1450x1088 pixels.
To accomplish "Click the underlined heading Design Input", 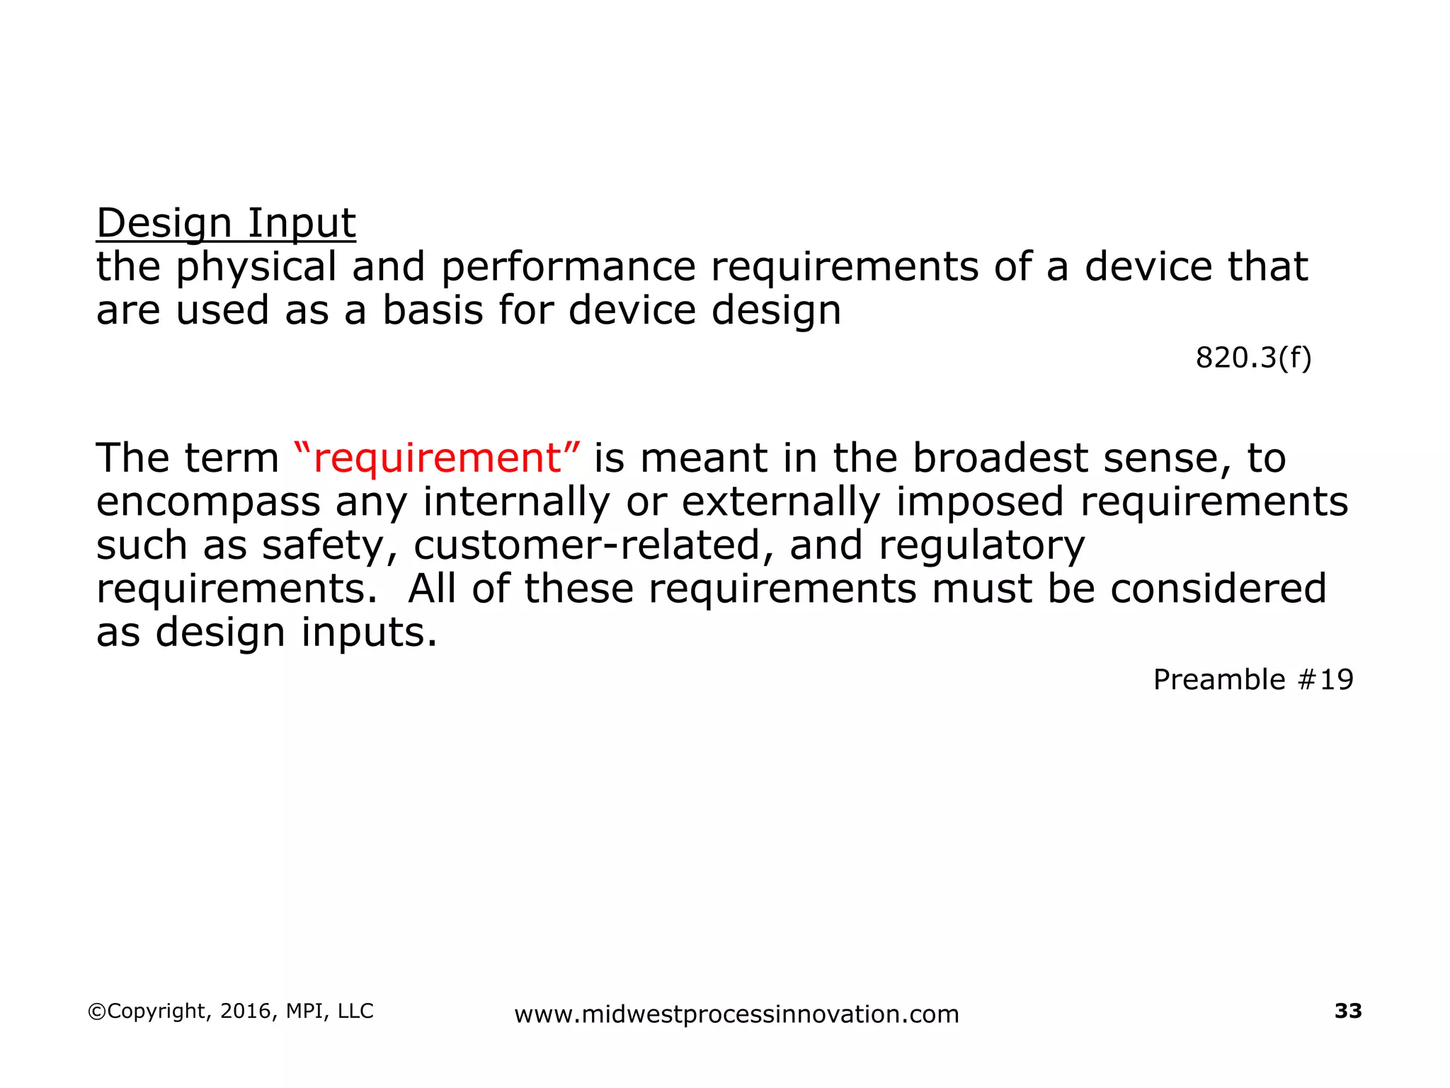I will click(x=226, y=224).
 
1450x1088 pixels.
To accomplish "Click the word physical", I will click(x=256, y=268).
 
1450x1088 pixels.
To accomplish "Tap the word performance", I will click(x=569, y=268).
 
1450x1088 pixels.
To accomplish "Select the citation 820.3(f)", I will click(x=1253, y=358).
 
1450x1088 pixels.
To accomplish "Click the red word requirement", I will click(x=437, y=458).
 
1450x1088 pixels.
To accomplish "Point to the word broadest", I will click(x=1000, y=458).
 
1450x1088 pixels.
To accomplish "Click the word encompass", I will click(x=208, y=503).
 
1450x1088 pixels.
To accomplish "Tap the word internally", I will click(x=516, y=501).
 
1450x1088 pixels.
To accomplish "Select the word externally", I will click(x=781, y=501).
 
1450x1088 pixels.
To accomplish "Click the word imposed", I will click(x=980, y=501).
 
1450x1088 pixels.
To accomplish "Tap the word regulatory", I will click(x=981, y=546).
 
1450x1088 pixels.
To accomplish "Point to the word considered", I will click(x=1218, y=589).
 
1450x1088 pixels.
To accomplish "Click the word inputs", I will click(x=369, y=633).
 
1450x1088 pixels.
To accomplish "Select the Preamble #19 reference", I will click(x=1253, y=680).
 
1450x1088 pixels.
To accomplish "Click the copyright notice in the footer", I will click(x=231, y=1011).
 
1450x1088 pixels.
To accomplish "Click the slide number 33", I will click(x=1348, y=1011).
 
